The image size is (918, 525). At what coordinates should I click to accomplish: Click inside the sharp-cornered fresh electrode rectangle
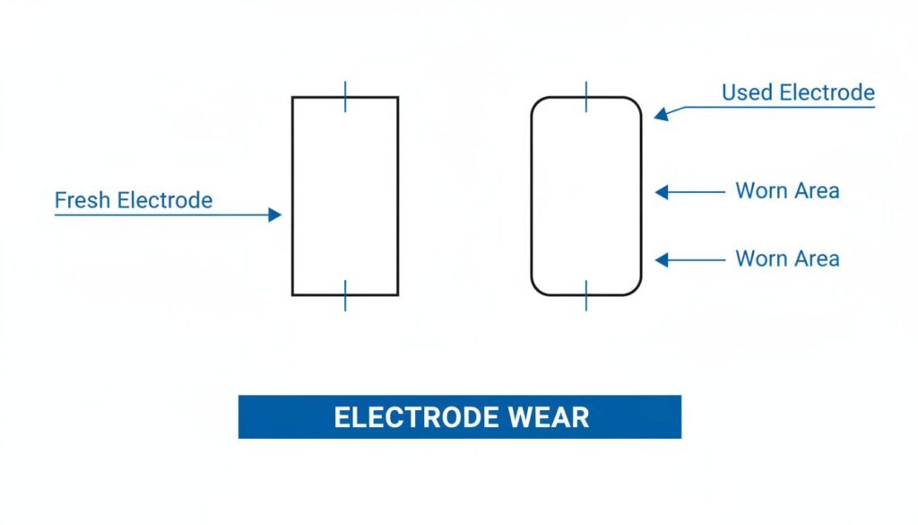point(345,196)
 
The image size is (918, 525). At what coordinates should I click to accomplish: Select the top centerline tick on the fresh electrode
point(345,96)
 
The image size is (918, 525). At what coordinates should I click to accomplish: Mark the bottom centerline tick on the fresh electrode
point(345,295)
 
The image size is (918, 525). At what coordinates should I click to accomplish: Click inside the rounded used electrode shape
point(586,196)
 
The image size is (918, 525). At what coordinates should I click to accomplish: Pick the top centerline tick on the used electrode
point(586,96)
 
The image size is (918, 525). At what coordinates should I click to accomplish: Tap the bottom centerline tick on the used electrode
point(586,295)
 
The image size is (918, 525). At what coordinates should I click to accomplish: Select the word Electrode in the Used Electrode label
point(826,92)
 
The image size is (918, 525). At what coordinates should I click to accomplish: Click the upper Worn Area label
point(787,190)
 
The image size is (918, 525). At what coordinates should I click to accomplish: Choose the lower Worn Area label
point(787,258)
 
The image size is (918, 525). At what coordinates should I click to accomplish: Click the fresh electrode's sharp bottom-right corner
point(397,294)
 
